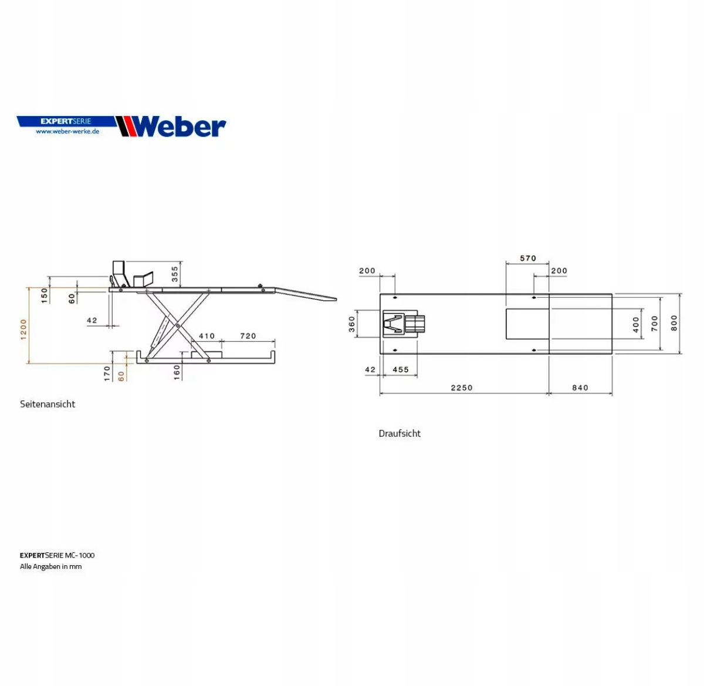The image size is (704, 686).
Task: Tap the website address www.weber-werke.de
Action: (x=67, y=131)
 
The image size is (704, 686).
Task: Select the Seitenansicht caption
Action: (x=48, y=404)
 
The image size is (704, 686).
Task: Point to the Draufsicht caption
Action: (x=400, y=433)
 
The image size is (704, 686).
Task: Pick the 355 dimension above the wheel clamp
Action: (x=175, y=274)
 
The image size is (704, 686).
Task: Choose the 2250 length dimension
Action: (x=462, y=388)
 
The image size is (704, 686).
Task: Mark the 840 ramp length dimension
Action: (x=580, y=388)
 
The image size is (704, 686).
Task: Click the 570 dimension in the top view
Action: (x=528, y=258)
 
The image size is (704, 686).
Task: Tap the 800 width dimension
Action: (x=674, y=322)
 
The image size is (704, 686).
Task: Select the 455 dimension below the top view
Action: (x=401, y=369)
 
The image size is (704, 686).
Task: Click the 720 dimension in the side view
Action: (x=248, y=336)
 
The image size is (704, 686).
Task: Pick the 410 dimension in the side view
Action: (x=207, y=336)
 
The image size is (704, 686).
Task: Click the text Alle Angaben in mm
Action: (x=51, y=566)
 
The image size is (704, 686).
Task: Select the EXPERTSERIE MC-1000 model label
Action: (x=57, y=555)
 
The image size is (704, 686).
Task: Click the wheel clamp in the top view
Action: (x=403, y=324)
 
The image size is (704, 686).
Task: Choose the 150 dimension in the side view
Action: (x=45, y=295)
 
